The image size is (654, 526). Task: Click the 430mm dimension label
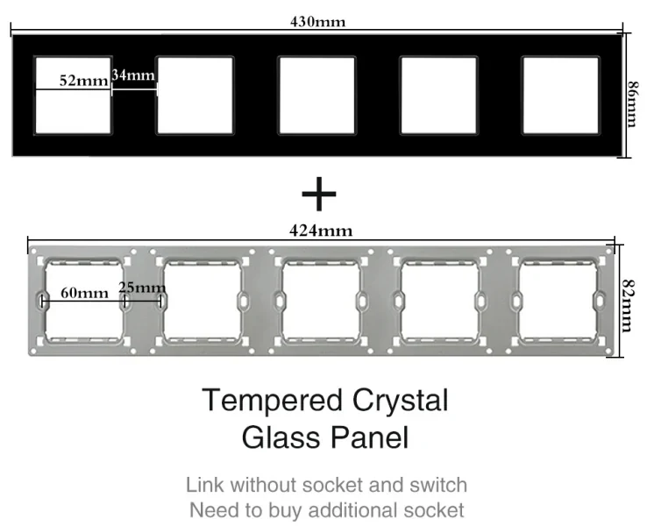(318, 21)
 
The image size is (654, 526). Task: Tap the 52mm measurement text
(83, 80)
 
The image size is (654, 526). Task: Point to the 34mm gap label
(133, 75)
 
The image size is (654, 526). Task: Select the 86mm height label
(633, 103)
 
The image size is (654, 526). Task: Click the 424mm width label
(321, 231)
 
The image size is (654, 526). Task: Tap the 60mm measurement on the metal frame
(85, 293)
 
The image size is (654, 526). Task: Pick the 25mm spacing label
(142, 288)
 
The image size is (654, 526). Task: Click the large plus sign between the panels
(319, 194)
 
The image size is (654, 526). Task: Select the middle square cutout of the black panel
(317, 96)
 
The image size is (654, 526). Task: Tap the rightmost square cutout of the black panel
(560, 96)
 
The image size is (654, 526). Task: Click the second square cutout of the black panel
(195, 96)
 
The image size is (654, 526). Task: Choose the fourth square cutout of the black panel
(438, 96)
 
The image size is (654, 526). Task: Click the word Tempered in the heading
(273, 400)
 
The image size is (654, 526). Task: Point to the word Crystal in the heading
(401, 400)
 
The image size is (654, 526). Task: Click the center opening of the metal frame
(321, 302)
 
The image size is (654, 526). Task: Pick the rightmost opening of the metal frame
(558, 302)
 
